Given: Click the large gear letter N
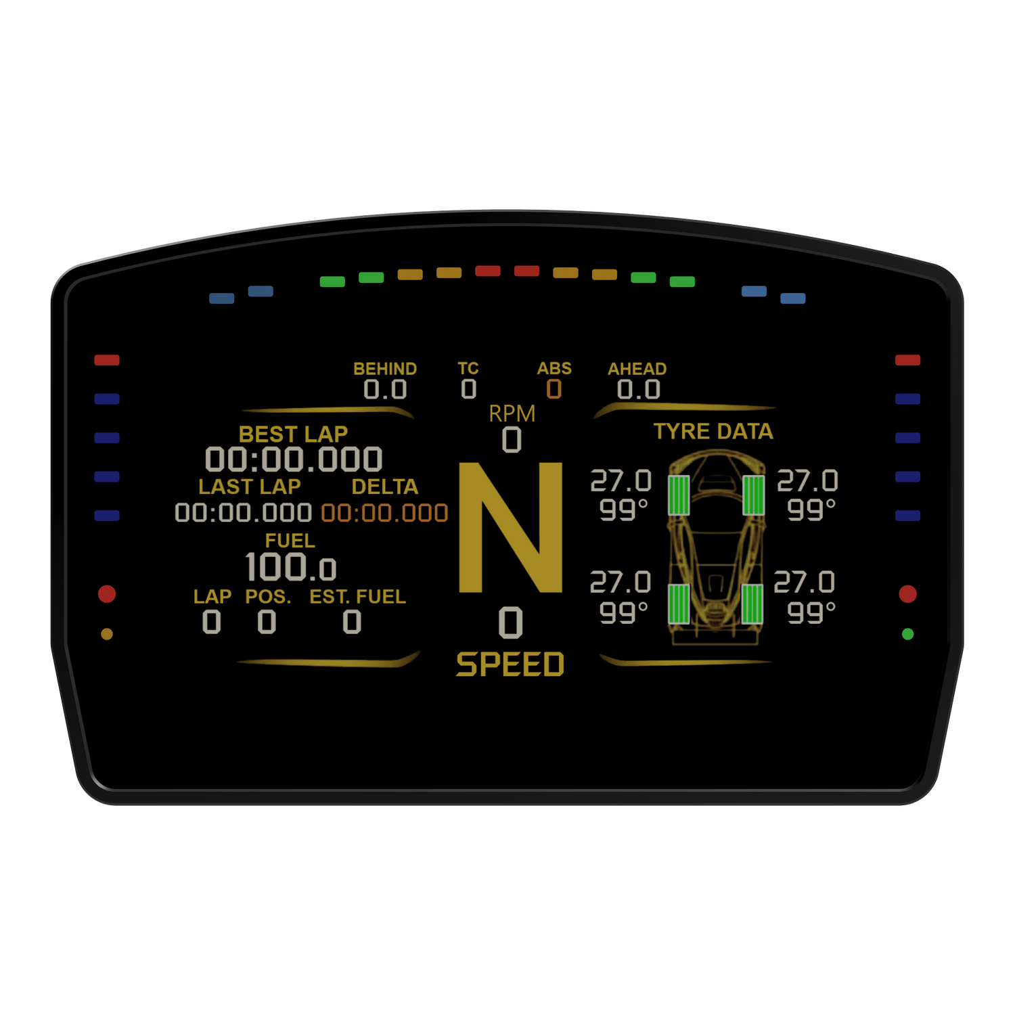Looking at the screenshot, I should coord(511,528).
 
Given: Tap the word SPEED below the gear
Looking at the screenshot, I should coord(510,664).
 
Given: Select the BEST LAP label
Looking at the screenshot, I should coord(293,434).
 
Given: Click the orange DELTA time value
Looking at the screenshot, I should coord(384,513).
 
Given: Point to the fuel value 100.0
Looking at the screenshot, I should coord(290,567).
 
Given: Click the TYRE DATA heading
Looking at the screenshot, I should coord(713,431).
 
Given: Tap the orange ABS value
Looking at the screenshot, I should coord(554,389).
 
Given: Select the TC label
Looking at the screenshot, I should coord(468,369).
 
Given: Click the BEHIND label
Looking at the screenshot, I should coord(385,369).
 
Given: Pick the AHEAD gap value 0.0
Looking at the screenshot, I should coord(638,389).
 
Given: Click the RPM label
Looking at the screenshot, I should coord(512,413).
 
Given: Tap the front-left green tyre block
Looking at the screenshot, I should coord(679,495).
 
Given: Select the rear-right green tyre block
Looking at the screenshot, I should coord(752,604).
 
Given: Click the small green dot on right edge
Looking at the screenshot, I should coord(907,634).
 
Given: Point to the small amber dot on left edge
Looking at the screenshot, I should coord(107,634).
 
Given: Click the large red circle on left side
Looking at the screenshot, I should coord(107,594).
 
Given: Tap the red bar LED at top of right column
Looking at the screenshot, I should coord(907,360).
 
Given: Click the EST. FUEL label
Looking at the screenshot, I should coord(357,597).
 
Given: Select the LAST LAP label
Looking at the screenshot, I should coord(249,487).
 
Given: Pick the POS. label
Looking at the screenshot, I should coord(268,597).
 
